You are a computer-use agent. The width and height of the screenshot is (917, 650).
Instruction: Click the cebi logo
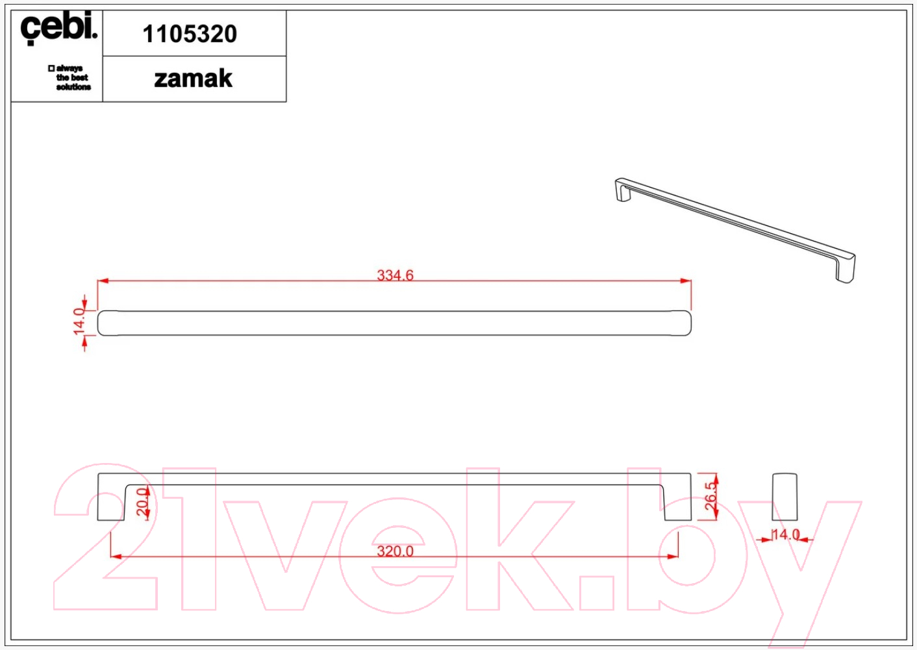[x=59, y=28]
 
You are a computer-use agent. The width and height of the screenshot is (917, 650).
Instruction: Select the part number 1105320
[x=190, y=34]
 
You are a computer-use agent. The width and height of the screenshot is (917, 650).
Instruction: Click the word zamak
[x=194, y=78]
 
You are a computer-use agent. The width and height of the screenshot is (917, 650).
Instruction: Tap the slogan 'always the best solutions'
[x=69, y=77]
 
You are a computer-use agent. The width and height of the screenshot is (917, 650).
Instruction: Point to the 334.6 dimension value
[x=395, y=275]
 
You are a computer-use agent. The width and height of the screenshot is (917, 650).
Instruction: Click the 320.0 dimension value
[x=395, y=551]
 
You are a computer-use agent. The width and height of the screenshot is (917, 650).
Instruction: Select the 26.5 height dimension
[x=711, y=496]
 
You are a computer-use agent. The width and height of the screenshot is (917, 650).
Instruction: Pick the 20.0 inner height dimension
[x=142, y=502]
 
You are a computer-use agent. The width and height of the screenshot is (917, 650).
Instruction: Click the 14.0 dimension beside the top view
[x=79, y=321]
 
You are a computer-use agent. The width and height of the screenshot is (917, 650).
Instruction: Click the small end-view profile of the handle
[x=785, y=497]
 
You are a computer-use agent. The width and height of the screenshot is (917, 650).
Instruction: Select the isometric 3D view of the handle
[x=735, y=231]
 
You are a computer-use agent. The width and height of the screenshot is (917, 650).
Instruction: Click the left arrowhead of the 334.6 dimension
[x=103, y=281]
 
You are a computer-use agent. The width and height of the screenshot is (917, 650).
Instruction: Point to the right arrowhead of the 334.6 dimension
[x=686, y=281]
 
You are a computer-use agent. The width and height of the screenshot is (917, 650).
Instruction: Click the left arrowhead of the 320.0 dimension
[x=116, y=556]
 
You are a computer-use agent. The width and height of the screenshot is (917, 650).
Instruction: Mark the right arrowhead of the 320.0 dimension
[x=673, y=556]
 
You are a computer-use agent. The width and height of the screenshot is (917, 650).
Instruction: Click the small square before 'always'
[x=51, y=68]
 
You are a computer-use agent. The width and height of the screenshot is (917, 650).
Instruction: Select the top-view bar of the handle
[x=394, y=323]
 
